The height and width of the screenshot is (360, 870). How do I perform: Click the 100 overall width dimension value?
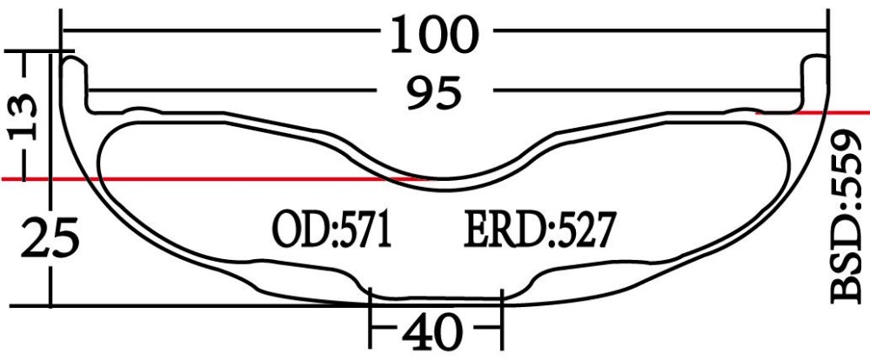click(435, 35)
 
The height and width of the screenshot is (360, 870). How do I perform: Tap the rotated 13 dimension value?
click(26, 117)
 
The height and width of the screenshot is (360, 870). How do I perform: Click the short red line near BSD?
click(813, 112)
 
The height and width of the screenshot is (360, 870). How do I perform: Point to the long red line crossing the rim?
click(217, 179)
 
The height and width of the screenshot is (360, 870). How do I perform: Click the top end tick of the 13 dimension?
click(26, 53)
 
